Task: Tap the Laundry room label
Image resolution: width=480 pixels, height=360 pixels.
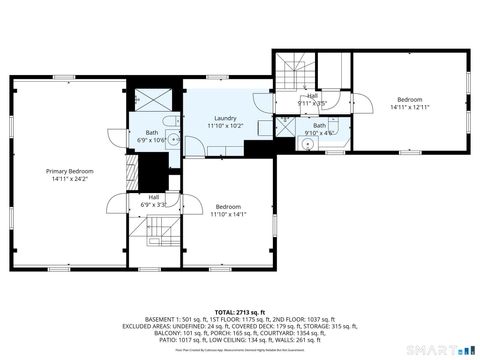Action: pos(225,118)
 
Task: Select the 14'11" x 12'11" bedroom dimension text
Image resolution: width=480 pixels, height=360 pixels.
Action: pos(411,107)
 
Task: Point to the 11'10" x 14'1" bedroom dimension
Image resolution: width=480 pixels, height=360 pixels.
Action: pos(228,213)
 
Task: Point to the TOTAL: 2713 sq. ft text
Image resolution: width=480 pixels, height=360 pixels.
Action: pos(239,311)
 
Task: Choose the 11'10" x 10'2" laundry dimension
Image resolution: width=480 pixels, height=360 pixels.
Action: pos(225,126)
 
